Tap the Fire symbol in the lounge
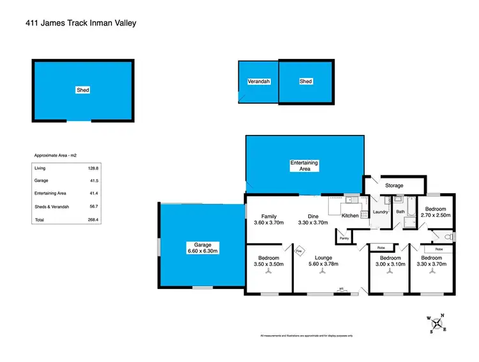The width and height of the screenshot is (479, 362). coord(299,251)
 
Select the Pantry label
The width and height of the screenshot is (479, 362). coord(344,239)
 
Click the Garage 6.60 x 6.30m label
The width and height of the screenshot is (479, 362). coord(202,248)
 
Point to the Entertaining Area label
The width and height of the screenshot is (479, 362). coord(304,166)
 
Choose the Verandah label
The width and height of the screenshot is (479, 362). coord(258,82)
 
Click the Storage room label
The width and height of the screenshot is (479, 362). coord(394,185)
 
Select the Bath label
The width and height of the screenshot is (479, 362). coord(400,212)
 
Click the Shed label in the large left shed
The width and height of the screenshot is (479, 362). coord(83,90)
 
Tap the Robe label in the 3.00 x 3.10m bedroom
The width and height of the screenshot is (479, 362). coord(380,248)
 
